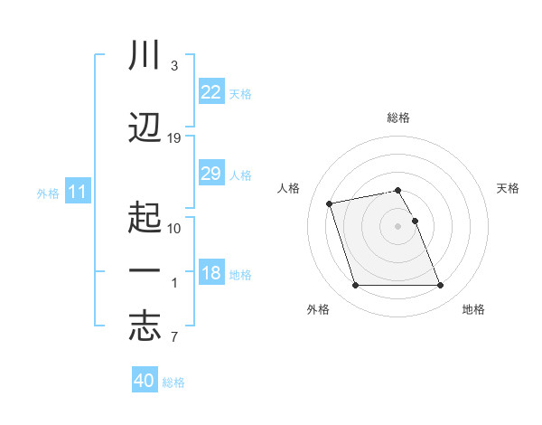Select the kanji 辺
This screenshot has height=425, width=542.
[145, 127]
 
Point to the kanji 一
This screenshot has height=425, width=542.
[145, 271]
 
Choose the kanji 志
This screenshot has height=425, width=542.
[145, 326]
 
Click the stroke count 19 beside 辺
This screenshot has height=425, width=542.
[174, 138]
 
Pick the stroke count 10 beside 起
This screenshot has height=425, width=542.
[174, 228]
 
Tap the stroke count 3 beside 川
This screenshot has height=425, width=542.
[173, 67]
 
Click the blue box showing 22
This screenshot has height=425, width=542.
[210, 92]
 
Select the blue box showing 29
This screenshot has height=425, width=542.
[210, 174]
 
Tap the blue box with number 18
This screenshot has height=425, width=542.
[210, 273]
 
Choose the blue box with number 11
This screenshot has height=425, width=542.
[77, 192]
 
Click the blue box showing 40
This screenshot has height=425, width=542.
[145, 381]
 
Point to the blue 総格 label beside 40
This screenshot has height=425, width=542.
[174, 382]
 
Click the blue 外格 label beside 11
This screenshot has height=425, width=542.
[48, 193]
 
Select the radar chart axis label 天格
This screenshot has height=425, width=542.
[509, 188]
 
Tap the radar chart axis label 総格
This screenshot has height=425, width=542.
[398, 118]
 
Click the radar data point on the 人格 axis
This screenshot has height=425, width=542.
[330, 203]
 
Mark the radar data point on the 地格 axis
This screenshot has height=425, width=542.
[440, 286]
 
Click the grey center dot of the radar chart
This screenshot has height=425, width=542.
[398, 225]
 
